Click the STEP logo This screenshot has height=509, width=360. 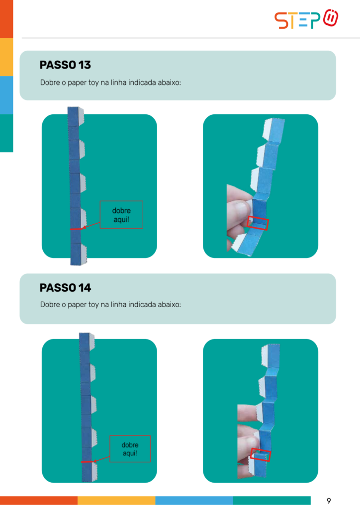pyautogui.click(x=306, y=19)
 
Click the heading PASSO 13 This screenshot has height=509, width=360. pyautogui.click(x=65, y=65)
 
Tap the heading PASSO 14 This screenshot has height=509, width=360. pyautogui.click(x=65, y=288)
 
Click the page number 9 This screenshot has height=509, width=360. pyautogui.click(x=329, y=501)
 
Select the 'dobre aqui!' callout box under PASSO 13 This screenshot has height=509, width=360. pyautogui.click(x=121, y=215)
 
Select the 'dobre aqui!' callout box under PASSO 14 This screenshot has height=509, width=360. pyautogui.click(x=130, y=449)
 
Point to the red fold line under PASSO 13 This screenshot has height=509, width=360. pyautogui.click(x=77, y=229)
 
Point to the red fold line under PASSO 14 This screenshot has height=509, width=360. pyautogui.click(x=87, y=462)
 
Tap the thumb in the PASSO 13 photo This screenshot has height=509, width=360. pyautogui.click(x=239, y=213)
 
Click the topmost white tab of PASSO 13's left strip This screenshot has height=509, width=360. pyautogui.click(x=81, y=116)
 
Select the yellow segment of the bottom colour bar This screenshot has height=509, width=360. pyautogui.click(x=116, y=500)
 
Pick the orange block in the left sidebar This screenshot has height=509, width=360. pyautogui.click(x=6, y=19)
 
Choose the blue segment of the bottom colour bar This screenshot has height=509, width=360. pyautogui.click(x=194, y=500)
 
